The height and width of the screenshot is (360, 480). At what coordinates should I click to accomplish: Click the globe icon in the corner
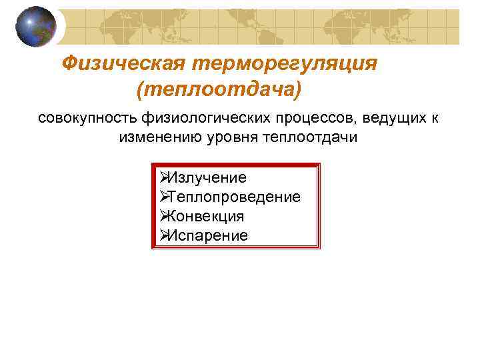(36, 27)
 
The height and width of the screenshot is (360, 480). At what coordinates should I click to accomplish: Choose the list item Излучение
(207, 178)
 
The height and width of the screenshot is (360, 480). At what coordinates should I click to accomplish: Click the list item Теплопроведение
(235, 197)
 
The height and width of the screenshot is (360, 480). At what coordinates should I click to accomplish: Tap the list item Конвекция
(207, 217)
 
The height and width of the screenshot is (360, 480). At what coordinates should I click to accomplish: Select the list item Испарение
(208, 236)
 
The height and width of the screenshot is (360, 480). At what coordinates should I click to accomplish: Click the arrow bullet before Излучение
(163, 177)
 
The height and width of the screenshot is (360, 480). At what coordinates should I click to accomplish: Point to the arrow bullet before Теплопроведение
(163, 197)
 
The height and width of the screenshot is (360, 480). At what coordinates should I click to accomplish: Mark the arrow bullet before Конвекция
(163, 216)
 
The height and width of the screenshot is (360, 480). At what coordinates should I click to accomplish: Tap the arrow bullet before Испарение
(163, 235)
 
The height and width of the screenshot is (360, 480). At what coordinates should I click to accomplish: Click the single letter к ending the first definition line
(435, 119)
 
